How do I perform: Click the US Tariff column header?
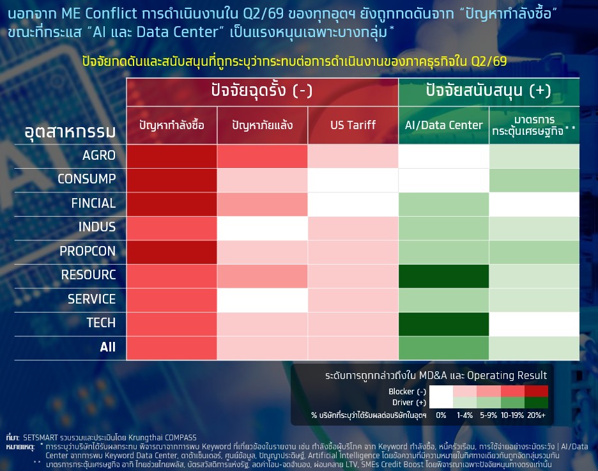(353, 125)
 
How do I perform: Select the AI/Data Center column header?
(443, 125)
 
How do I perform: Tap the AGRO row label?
(99, 155)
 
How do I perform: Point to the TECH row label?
(101, 323)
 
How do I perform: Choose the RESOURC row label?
(88, 275)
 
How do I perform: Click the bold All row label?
(107, 347)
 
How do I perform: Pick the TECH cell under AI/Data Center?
(443, 324)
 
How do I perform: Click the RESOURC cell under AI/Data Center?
(443, 276)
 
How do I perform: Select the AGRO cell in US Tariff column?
(353, 156)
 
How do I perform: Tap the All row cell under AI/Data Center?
(443, 348)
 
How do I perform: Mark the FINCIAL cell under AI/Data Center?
(443, 205)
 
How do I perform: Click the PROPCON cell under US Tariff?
(353, 252)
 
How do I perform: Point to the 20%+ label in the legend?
(536, 415)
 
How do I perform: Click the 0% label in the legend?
(441, 415)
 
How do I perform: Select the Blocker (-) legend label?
(408, 392)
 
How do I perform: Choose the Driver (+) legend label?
(410, 403)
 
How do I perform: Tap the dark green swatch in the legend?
(536, 403)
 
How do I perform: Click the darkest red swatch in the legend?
(536, 391)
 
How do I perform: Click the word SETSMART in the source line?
(40, 437)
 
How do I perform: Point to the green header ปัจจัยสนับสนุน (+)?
(489, 91)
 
